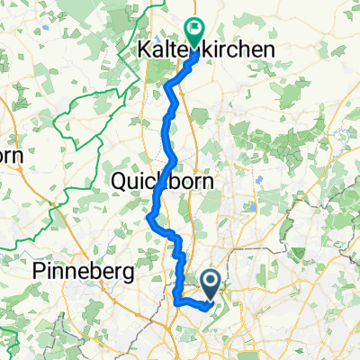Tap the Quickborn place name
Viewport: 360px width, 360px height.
[x=164, y=182]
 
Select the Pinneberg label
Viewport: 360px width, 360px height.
[x=82, y=271]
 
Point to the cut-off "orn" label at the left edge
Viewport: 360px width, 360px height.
[x=10, y=155]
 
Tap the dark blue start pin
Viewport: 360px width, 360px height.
[x=212, y=286]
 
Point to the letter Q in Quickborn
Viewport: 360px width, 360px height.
[x=119, y=182]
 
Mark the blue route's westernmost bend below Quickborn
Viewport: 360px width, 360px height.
[x=148, y=214]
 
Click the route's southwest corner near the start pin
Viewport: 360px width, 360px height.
[x=176, y=302]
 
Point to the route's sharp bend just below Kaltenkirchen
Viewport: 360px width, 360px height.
[x=168, y=87]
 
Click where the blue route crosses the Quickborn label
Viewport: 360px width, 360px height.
[x=160, y=182]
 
